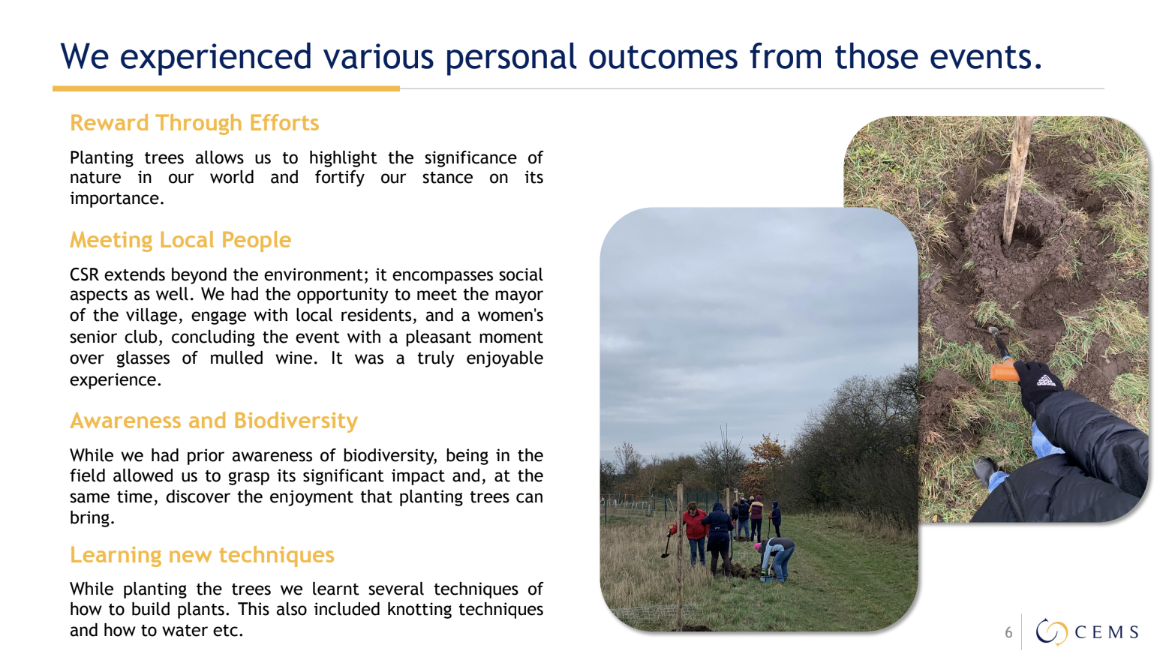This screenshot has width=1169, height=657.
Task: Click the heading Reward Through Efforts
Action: click(194, 123)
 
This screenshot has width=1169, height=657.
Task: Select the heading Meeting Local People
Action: click(181, 240)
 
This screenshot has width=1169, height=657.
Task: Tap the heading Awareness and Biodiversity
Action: click(214, 421)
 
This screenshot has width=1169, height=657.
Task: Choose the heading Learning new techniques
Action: click(202, 555)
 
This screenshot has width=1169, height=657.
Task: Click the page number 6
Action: click(1008, 632)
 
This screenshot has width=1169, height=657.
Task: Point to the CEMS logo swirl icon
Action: click(1051, 631)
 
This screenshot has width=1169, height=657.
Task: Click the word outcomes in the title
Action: click(663, 56)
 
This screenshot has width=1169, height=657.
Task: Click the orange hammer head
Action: click(1004, 370)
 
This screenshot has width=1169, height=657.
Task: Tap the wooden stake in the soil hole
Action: click(1017, 180)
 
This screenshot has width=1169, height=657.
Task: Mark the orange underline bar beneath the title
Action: click(226, 88)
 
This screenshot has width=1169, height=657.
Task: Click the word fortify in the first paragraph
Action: click(339, 178)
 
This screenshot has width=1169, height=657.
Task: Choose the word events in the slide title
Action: click(986, 56)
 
